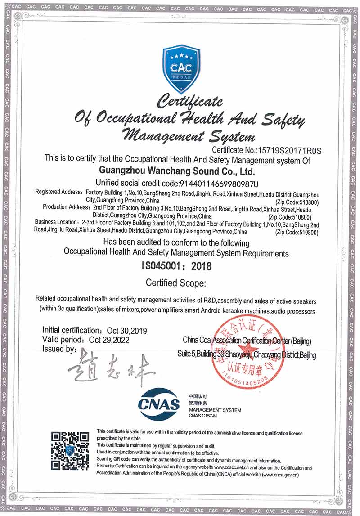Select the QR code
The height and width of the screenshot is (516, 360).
(70, 450)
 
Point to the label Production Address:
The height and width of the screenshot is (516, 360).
(67, 207)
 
